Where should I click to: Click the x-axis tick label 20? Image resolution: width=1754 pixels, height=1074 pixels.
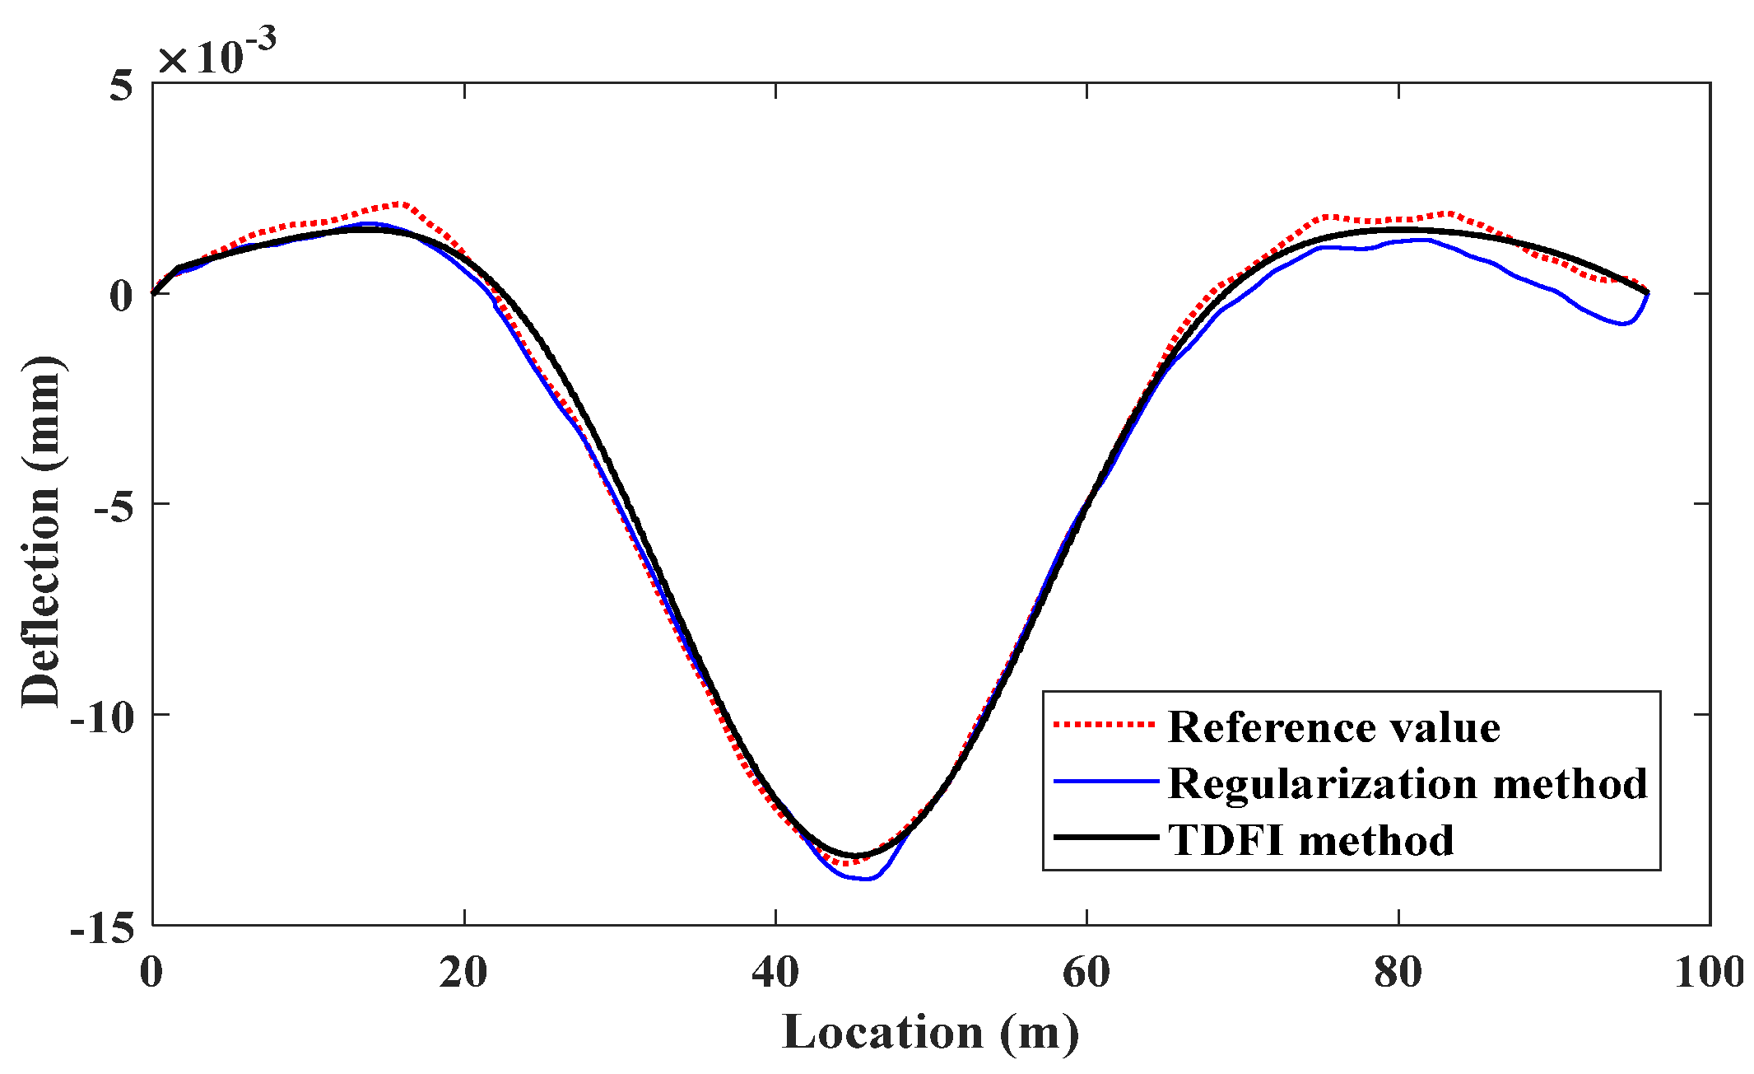point(463,973)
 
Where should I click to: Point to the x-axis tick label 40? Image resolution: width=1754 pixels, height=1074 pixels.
point(775,973)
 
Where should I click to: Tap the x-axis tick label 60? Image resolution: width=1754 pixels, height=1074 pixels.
point(1086,973)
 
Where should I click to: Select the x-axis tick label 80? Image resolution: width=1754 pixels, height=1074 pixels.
point(1398,973)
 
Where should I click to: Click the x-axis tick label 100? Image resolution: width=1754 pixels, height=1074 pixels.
point(1709,973)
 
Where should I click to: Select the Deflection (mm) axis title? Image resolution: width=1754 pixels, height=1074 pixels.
point(41,531)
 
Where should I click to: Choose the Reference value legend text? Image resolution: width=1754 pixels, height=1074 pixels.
point(1333,727)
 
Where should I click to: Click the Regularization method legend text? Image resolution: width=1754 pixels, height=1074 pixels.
point(1407,783)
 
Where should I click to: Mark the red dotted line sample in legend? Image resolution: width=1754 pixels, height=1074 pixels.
point(1105,725)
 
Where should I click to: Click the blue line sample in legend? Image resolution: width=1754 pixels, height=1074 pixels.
point(1105,781)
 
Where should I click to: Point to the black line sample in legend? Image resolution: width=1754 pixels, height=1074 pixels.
point(1105,838)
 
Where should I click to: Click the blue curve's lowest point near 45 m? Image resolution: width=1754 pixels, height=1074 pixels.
point(865,879)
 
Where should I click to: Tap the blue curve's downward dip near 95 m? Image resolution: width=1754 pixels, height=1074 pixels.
point(1622,324)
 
